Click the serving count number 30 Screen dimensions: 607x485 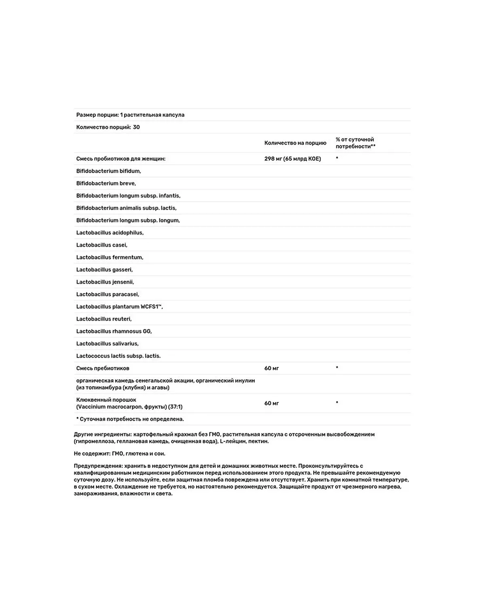[136, 127]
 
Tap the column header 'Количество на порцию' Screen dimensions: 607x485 [295, 143]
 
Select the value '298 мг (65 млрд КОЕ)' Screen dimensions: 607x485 [293, 159]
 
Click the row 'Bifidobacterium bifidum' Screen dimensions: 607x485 [108, 171]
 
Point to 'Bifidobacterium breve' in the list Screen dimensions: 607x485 [106, 183]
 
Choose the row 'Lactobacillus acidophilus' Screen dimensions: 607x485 [110, 233]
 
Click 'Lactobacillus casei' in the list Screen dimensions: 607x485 [102, 245]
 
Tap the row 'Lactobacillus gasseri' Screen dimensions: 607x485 [104, 270]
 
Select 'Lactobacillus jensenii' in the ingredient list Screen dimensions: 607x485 [105, 282]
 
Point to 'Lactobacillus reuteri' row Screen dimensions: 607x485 [104, 319]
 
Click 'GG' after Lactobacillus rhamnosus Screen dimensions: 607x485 [147, 331]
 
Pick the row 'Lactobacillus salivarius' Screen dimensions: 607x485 [108, 344]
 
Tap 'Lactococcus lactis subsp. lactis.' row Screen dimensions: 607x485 [118, 356]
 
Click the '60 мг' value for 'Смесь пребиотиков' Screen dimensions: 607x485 [272, 368]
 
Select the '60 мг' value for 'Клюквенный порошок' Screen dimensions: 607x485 [272, 403]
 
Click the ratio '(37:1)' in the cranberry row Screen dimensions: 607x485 [175, 407]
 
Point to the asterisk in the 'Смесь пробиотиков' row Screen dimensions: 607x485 [337, 158]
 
